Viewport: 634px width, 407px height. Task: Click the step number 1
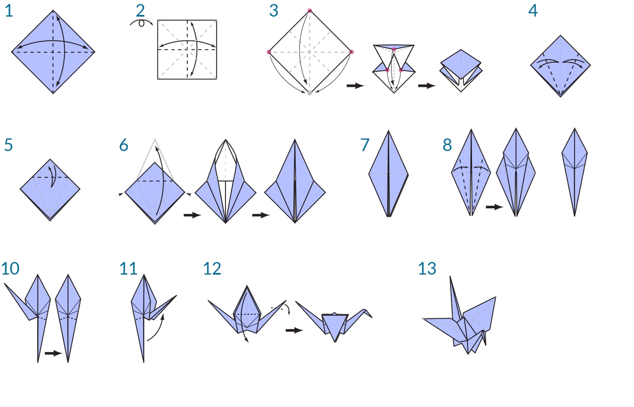tap(9, 11)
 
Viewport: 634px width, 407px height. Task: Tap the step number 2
tap(140, 11)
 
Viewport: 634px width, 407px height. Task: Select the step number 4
tap(533, 11)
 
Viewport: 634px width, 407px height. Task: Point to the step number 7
tap(365, 145)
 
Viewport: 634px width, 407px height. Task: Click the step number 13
tap(427, 269)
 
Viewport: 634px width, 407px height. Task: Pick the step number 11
tap(128, 269)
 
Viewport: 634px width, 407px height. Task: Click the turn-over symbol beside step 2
tap(141, 23)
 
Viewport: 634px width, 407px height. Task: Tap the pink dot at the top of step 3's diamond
tap(310, 11)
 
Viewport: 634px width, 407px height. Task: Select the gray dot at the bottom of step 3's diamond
tap(310, 93)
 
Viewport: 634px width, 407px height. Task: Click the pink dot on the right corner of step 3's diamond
tap(352, 52)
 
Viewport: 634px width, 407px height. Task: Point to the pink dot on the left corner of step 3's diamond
tap(269, 52)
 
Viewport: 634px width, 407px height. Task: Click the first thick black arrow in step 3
tap(355, 86)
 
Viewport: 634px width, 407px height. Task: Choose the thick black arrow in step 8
tap(494, 207)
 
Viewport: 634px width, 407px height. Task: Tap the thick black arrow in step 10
tap(53, 353)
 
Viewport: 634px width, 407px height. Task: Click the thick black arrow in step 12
tap(294, 330)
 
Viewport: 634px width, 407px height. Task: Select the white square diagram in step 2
tap(187, 50)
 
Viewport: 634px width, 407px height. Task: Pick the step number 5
tap(9, 145)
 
